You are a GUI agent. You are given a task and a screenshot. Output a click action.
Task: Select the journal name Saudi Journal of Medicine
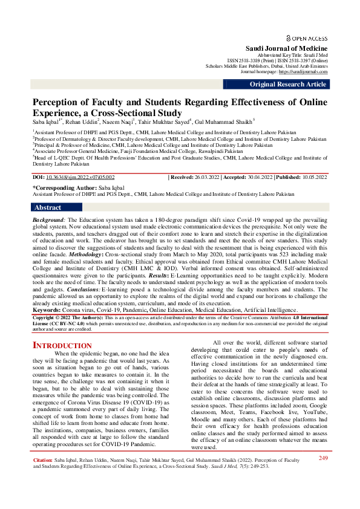tap(286, 48)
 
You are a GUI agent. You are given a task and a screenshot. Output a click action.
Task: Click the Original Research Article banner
tap(289, 85)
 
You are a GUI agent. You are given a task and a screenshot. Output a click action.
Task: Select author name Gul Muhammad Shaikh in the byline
tap(227, 121)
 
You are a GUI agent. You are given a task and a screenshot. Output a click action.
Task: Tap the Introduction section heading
tap(62, 345)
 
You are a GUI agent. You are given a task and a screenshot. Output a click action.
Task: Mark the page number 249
tap(323, 475)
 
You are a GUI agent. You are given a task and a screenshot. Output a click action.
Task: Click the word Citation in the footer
tap(42, 478)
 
